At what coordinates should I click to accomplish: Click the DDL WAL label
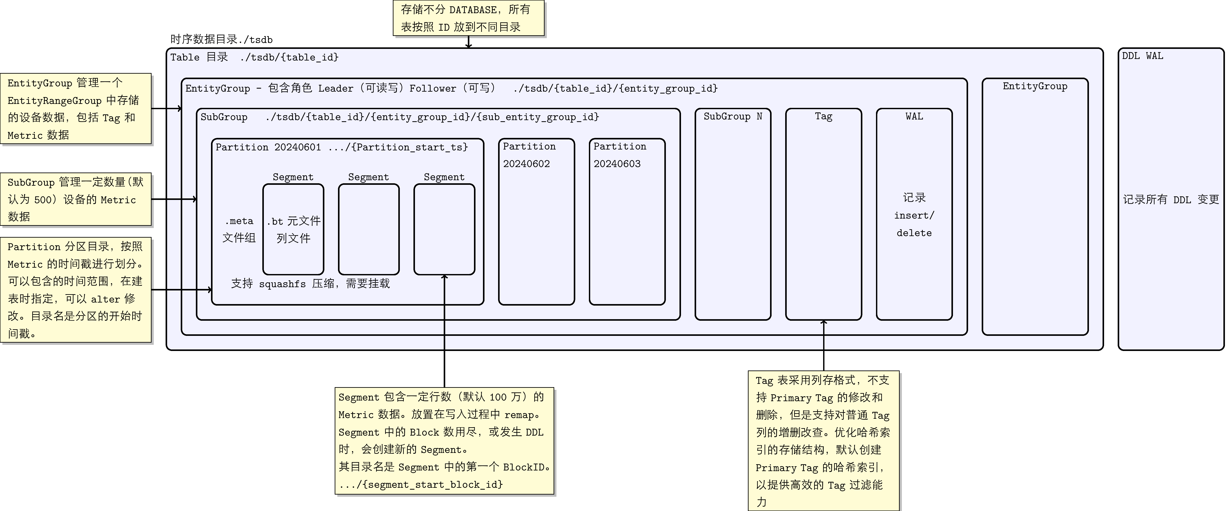(1142, 56)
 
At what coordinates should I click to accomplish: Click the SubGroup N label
(733, 116)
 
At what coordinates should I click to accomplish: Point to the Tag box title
(823, 116)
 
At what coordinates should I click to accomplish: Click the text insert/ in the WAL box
(914, 215)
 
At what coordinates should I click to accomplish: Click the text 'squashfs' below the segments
(282, 284)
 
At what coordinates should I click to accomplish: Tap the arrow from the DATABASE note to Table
(469, 43)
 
